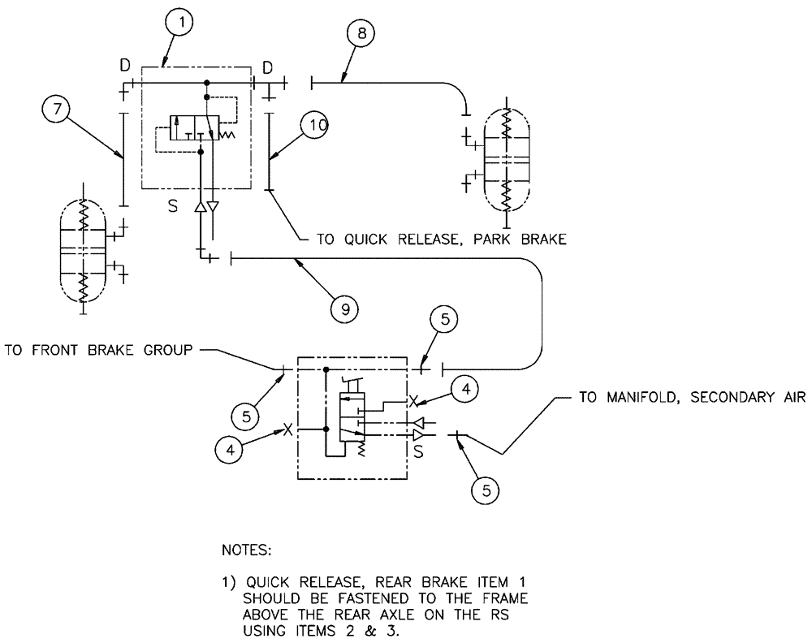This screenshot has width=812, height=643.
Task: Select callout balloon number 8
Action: point(361,35)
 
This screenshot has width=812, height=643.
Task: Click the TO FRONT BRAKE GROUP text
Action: point(97,352)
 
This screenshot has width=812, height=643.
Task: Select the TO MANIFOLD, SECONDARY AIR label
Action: point(691,398)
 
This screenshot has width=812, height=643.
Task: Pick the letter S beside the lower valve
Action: point(419,451)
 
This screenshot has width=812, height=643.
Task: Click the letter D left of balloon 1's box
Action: point(124,64)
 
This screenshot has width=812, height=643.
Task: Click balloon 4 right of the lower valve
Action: point(465,391)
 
